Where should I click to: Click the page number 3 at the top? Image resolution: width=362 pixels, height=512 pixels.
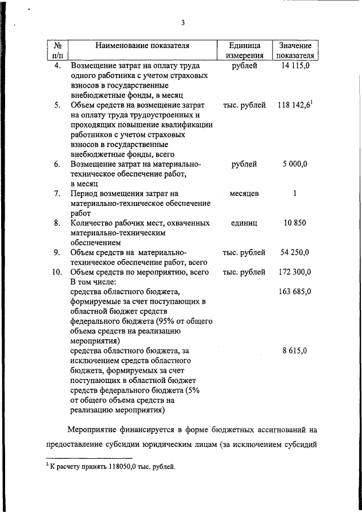tap(183, 23)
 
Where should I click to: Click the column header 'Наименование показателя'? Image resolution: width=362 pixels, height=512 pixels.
tap(142, 45)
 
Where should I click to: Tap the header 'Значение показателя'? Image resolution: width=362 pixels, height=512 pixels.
tap(294, 50)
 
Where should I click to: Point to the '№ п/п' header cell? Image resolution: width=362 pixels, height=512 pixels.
tap(57, 50)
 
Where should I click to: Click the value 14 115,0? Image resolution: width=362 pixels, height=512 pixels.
tap(294, 66)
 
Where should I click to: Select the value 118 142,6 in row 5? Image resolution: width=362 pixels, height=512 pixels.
tap(295, 105)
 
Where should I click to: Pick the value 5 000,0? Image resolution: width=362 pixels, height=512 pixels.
tap(294, 164)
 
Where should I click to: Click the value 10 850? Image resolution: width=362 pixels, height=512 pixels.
tap(295, 223)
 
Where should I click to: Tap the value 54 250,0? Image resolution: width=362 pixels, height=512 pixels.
tap(294, 252)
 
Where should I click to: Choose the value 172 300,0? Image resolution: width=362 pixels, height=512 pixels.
tap(294, 272)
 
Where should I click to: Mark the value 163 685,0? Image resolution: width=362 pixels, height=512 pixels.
tap(294, 292)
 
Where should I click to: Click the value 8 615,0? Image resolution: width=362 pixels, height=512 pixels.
tap(294, 351)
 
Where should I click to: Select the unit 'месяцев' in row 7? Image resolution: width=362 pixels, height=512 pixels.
tap(244, 193)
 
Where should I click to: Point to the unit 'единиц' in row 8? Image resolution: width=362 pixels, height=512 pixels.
tap(244, 223)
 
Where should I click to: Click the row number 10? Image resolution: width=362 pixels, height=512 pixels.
tap(57, 272)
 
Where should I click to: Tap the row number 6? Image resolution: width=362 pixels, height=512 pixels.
tap(57, 164)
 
